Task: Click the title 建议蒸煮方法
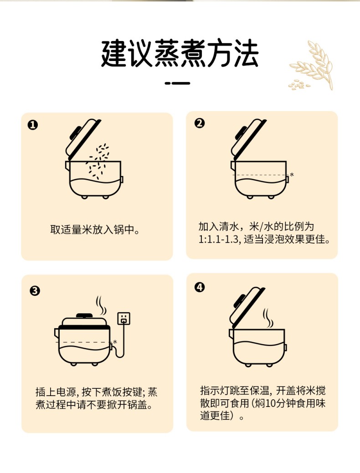[180, 54]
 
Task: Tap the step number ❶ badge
[33, 125]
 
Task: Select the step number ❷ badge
[199, 123]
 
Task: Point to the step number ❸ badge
[35, 291]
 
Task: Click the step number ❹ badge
[200, 287]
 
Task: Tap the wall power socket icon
[124, 318]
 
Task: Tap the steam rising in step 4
[267, 318]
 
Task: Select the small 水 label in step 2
[292, 174]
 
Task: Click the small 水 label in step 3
[115, 342]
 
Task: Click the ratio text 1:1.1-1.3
[218, 239]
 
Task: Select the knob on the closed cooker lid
[84, 315]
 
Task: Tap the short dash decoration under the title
[178, 83]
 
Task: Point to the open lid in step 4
[247, 307]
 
